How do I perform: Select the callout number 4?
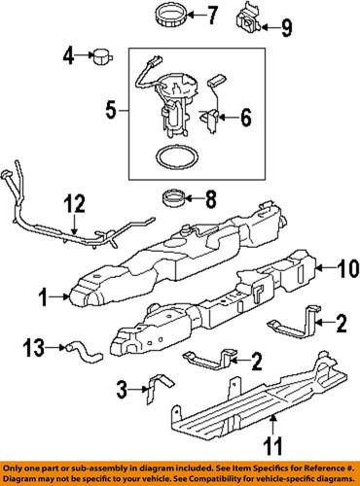pos(67,56)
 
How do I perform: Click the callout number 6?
pos(245,120)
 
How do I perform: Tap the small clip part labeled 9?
pos(247,19)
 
